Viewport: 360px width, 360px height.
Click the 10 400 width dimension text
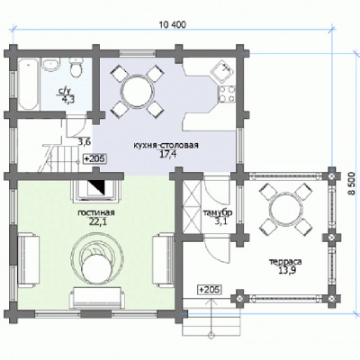pyautogui.click(x=173, y=24)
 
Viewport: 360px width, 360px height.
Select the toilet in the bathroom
pyautogui.click(x=76, y=67)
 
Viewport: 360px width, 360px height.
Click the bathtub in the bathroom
pyautogui.click(x=28, y=84)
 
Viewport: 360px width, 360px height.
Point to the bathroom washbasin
pyautogui.click(x=50, y=65)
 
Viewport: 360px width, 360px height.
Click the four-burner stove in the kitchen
pyautogui.click(x=227, y=94)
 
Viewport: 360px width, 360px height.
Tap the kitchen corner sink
pyautogui.click(x=223, y=72)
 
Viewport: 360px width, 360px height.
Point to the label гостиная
pyautogui.click(x=96, y=212)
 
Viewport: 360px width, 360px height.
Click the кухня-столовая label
pyautogui.click(x=166, y=146)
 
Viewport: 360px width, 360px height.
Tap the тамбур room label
pyautogui.click(x=218, y=212)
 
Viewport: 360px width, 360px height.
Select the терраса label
pyautogui.click(x=285, y=262)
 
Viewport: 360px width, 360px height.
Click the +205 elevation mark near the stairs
pyautogui.click(x=94, y=158)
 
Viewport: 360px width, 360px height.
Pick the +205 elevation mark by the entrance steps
pyautogui.click(x=210, y=290)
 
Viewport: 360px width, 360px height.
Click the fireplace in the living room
pyautogui.click(x=96, y=190)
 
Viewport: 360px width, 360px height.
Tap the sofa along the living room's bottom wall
pyautogui.click(x=97, y=298)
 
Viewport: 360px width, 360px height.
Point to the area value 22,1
pyautogui.click(x=96, y=221)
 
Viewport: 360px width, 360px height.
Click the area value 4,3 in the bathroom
pyautogui.click(x=68, y=99)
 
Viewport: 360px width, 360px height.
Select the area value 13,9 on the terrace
pyautogui.click(x=285, y=271)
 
